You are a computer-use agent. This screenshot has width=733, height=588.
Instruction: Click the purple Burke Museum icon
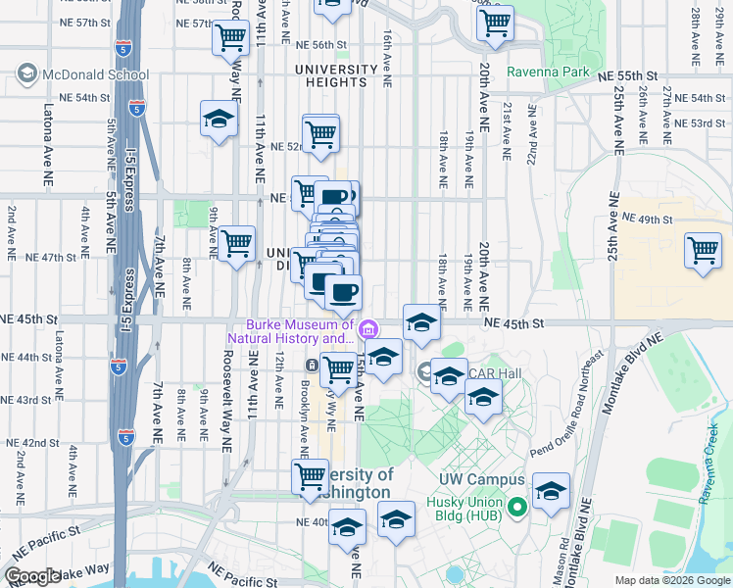368,327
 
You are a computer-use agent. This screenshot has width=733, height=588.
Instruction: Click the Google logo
31,576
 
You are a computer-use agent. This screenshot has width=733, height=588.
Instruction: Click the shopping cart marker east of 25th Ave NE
704,252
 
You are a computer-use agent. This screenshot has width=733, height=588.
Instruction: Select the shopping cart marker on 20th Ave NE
495,22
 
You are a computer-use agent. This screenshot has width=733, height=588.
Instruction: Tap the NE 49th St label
647,220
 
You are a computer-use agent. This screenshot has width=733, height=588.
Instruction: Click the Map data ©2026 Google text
672,579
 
